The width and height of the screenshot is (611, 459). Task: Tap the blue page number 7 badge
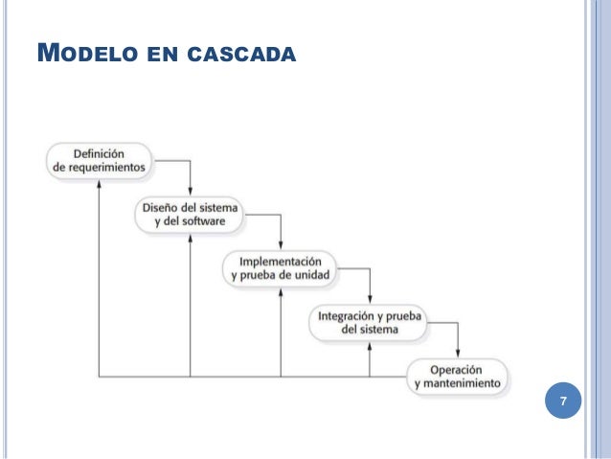[x=564, y=402]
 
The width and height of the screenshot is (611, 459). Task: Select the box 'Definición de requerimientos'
[x=100, y=158]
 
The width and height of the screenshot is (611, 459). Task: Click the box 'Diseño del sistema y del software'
[x=191, y=214]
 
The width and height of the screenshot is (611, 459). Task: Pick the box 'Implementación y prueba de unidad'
[x=280, y=268]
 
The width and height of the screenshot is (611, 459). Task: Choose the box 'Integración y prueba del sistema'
[x=371, y=322]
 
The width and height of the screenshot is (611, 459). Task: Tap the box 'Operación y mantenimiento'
[x=458, y=377]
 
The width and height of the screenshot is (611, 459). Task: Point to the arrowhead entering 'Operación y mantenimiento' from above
[x=460, y=355]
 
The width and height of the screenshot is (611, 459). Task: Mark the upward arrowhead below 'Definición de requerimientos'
[x=99, y=184]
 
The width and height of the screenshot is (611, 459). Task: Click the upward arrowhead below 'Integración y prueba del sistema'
[x=371, y=347]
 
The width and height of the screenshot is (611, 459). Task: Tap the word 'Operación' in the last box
[x=455, y=369]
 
